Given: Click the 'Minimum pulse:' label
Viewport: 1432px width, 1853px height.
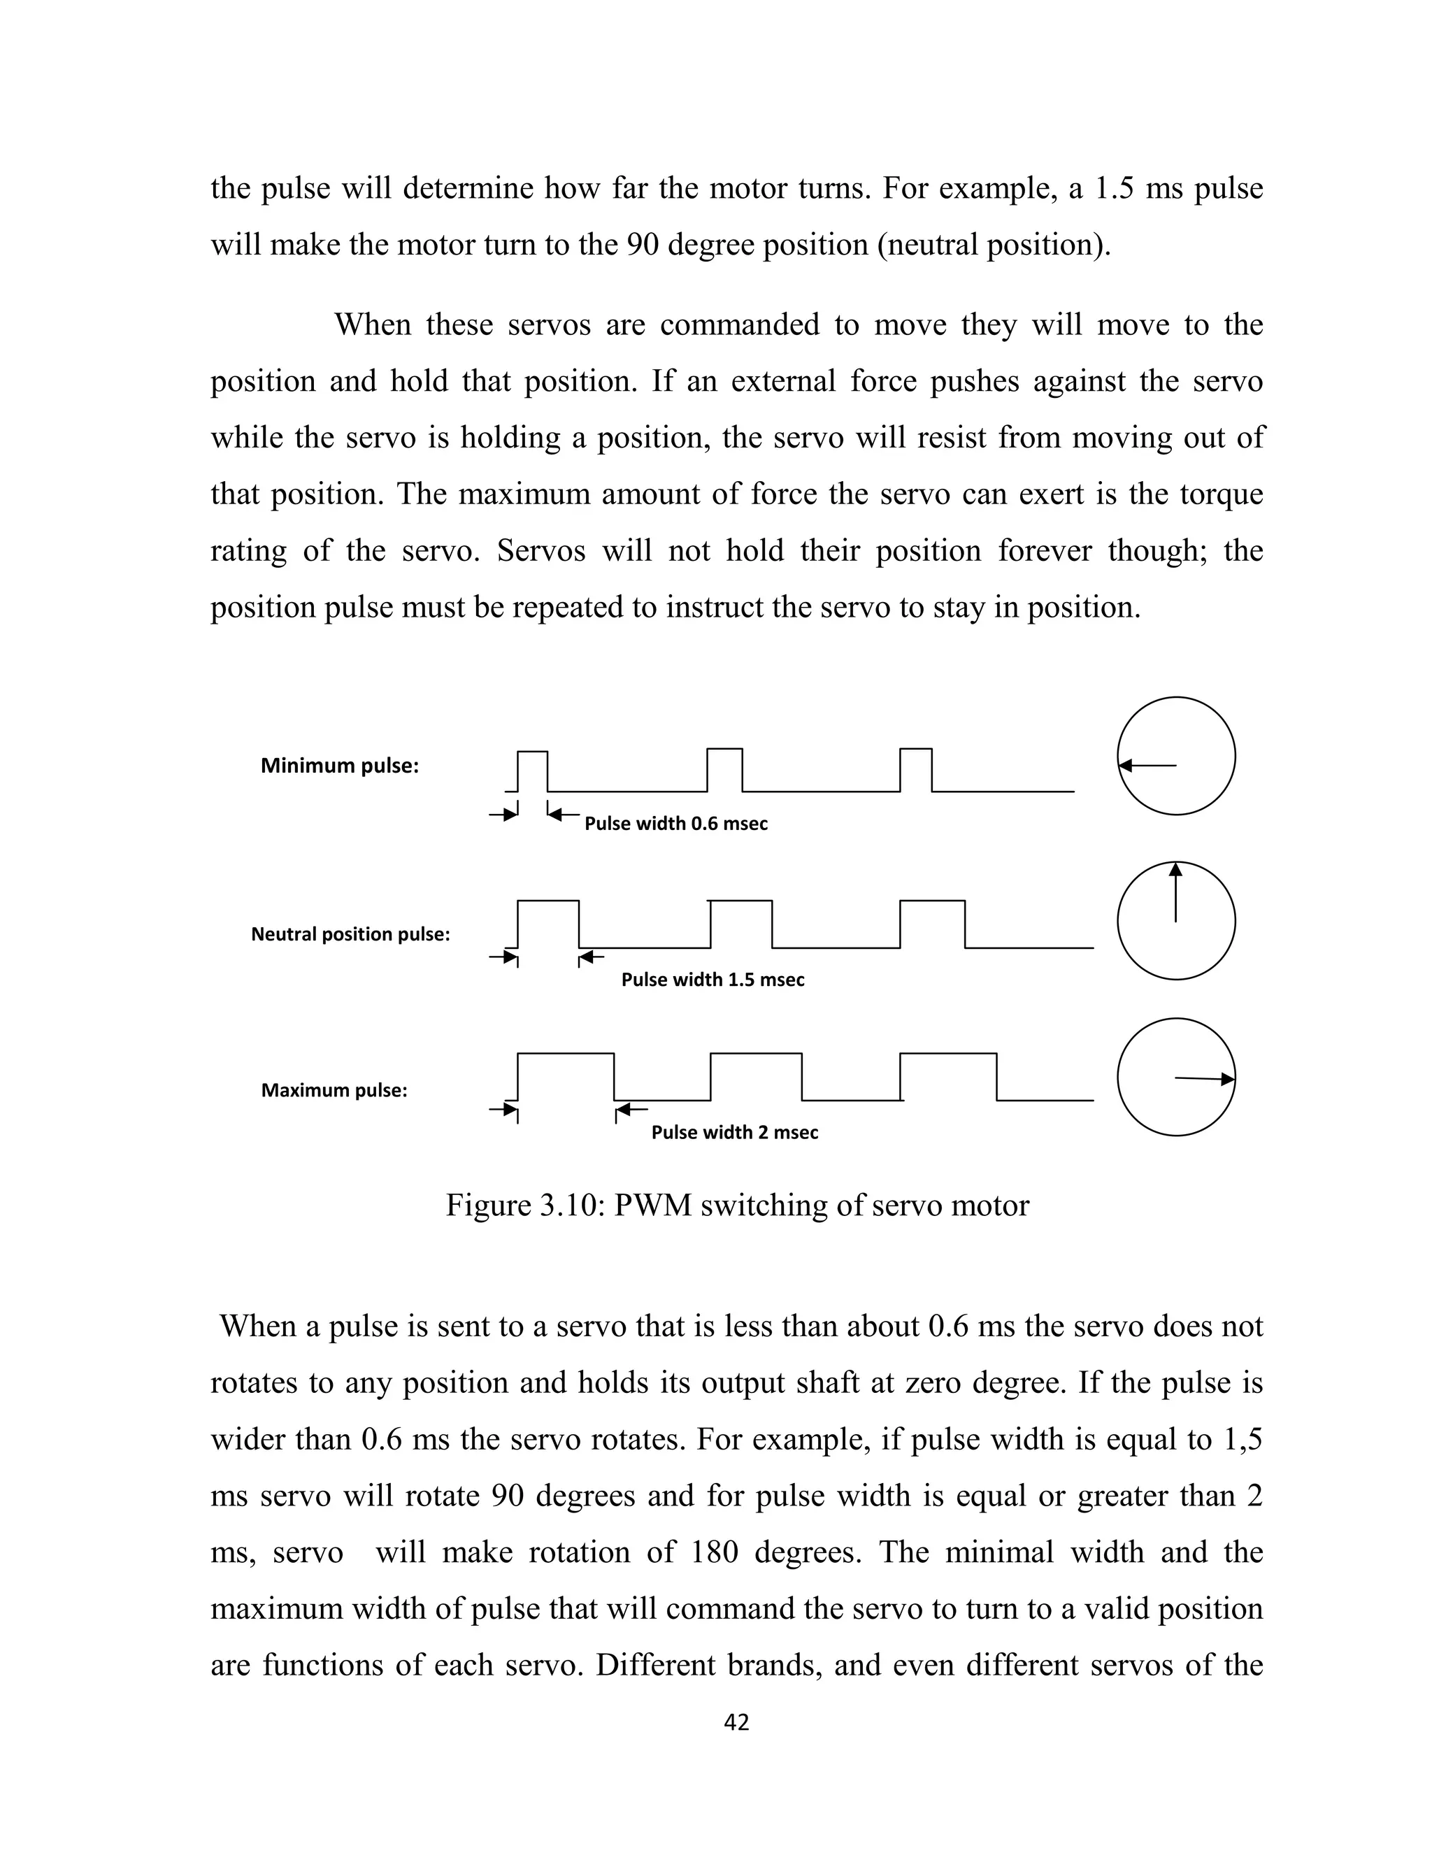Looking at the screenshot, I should (339, 765).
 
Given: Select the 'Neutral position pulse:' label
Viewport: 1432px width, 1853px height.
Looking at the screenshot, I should (350, 934).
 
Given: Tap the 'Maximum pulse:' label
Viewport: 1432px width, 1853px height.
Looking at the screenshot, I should (334, 1090).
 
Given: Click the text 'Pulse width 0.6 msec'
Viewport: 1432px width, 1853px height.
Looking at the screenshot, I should (676, 824).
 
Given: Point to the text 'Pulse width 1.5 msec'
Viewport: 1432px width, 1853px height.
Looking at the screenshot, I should (713, 980).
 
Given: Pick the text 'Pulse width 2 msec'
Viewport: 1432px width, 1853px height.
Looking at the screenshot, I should (735, 1133).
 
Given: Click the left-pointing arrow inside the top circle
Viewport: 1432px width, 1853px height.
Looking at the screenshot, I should (1147, 765).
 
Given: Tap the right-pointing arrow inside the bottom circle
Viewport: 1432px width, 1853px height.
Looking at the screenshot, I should (1204, 1078).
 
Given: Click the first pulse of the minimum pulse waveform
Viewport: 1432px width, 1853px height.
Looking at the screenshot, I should (533, 771).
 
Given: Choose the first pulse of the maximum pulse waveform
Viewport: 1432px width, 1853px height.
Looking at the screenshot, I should (566, 1076).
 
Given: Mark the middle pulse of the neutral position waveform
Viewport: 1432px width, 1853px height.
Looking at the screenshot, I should (741, 923).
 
